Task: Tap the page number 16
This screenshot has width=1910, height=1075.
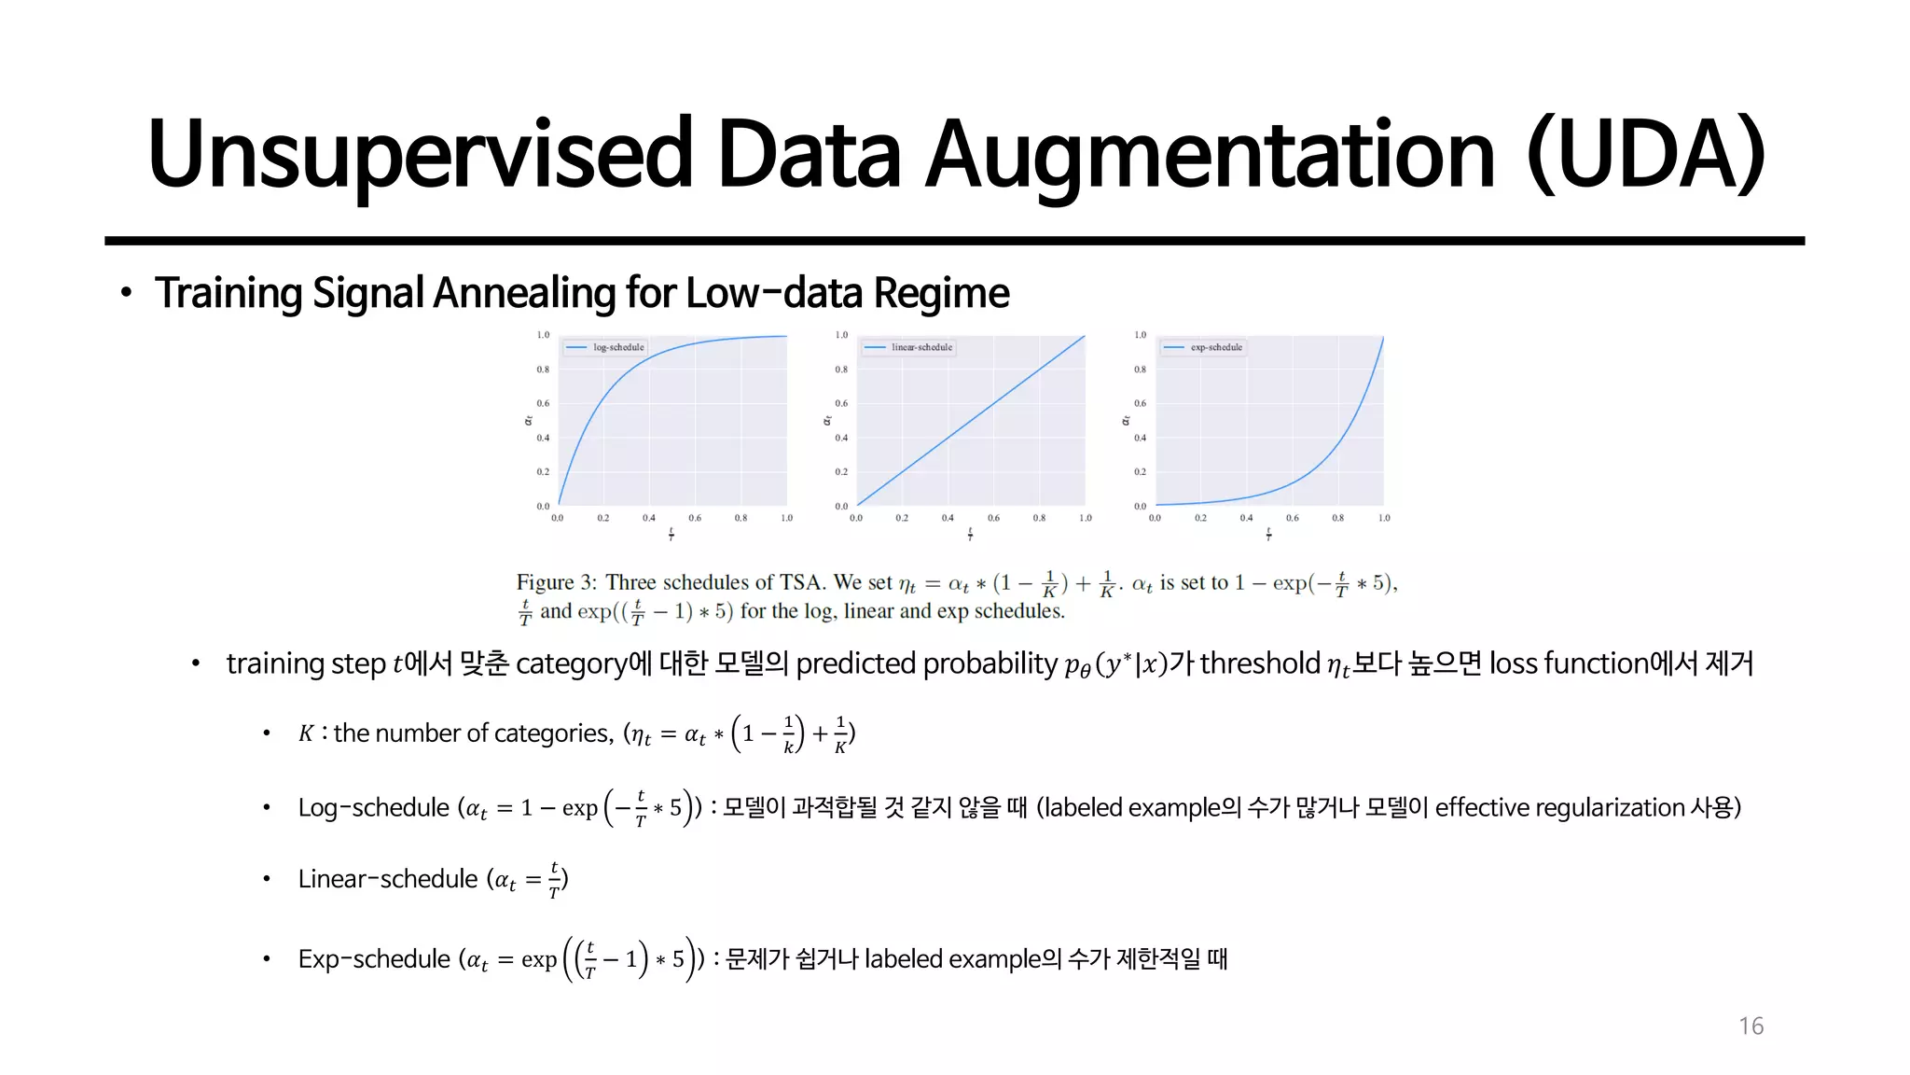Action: click(x=1751, y=1026)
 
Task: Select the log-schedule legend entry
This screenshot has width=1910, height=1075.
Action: click(x=617, y=347)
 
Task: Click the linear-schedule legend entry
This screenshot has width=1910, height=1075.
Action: click(x=920, y=347)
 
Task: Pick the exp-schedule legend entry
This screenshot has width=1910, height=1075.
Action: click(x=1215, y=347)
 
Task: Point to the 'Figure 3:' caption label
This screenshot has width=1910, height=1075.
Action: click(x=556, y=583)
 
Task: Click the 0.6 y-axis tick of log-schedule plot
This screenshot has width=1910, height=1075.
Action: click(x=543, y=403)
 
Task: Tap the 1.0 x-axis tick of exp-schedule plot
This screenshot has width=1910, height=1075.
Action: click(x=1384, y=518)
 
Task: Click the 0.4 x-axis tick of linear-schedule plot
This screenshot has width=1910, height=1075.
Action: click(x=948, y=518)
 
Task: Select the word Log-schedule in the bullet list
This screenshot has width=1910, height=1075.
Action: click(x=373, y=807)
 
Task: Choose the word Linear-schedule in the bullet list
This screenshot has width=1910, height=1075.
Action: click(x=387, y=879)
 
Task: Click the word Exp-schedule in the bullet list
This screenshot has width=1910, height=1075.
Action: click(x=374, y=959)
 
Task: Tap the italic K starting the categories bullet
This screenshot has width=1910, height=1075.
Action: click(x=306, y=734)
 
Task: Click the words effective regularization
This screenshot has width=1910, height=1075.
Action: click(x=1559, y=807)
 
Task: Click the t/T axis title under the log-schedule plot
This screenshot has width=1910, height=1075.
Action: click(x=671, y=535)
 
